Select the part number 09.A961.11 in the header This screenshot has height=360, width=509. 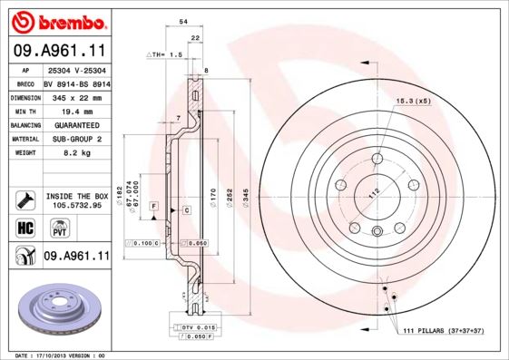tap(59, 50)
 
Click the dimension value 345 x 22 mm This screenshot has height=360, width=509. tap(76, 96)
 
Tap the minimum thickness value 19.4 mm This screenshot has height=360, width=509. tap(76, 110)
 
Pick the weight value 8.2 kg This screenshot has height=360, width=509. tap(76, 154)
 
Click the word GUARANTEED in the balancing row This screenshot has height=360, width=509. tap(76, 124)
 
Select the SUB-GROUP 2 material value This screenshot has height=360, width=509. tap(76, 139)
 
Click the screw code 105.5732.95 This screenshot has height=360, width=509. tap(76, 205)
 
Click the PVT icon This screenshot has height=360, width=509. tap(51, 229)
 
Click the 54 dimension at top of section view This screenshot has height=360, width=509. tap(183, 20)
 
